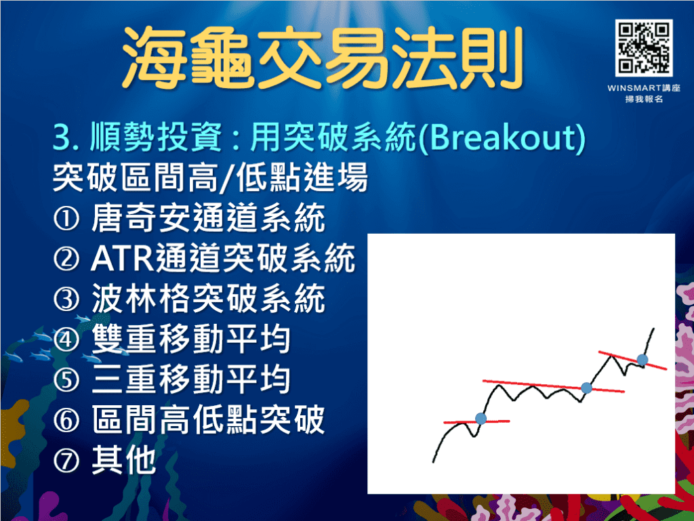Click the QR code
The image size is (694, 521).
tap(644, 47)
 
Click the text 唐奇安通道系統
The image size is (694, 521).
tap(207, 220)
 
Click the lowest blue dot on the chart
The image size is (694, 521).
tap(481, 419)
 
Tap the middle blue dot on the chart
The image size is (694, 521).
tap(587, 388)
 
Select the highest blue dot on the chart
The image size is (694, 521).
tap(642, 359)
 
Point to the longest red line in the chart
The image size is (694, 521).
tap(552, 386)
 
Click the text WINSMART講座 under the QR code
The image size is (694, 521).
tap(645, 87)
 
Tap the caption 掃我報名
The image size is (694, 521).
tap(645, 99)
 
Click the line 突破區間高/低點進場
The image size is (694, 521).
tap(210, 180)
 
